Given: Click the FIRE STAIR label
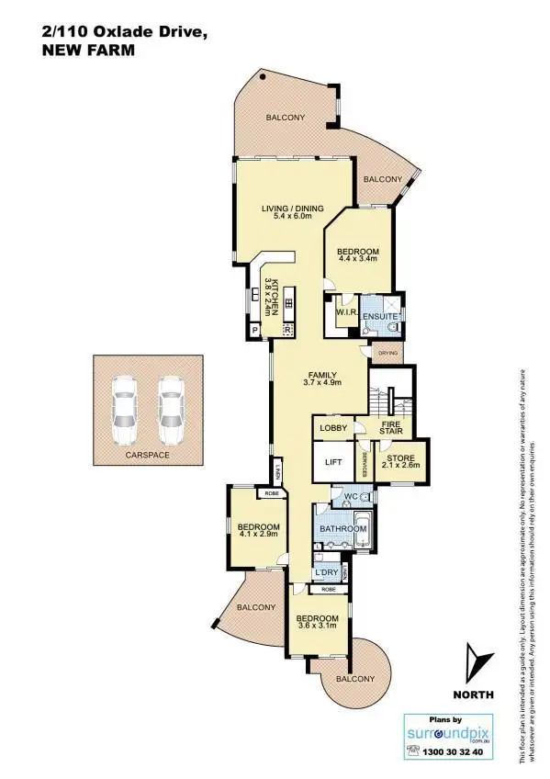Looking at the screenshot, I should tap(391, 428).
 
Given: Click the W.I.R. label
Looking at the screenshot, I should tap(345, 312).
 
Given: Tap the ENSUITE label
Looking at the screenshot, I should tap(379, 317).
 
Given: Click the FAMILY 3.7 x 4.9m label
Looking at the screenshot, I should tap(323, 378).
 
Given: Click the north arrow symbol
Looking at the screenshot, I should tap(473, 664).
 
